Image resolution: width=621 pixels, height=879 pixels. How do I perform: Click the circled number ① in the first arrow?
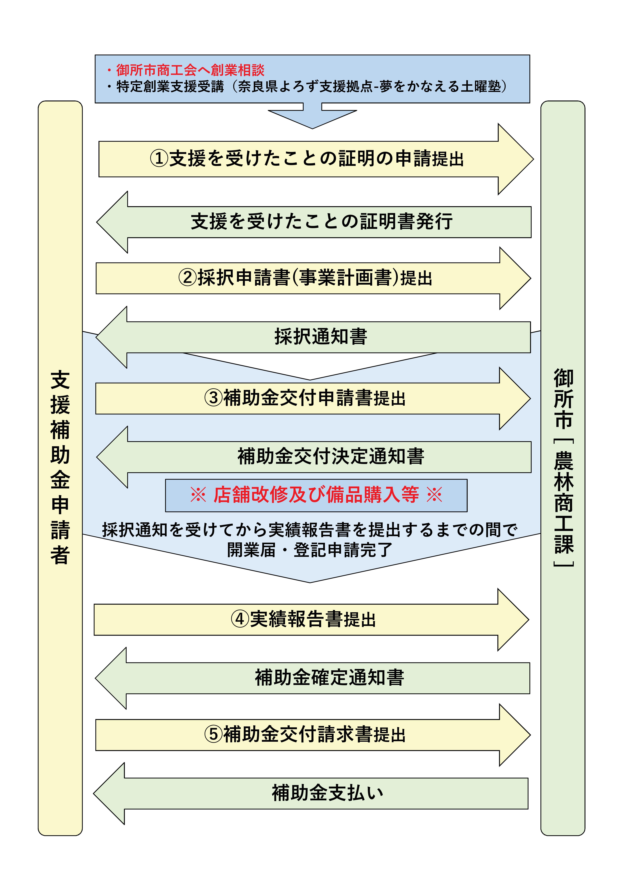point(159,158)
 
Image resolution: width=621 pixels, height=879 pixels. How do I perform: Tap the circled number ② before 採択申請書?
point(187,278)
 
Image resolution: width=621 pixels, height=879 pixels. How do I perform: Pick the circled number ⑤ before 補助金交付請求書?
point(213,734)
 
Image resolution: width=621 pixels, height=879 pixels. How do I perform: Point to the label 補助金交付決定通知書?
point(331,456)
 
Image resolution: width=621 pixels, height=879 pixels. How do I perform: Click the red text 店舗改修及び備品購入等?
point(316,495)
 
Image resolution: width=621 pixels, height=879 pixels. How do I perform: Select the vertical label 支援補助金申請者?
point(60,467)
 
